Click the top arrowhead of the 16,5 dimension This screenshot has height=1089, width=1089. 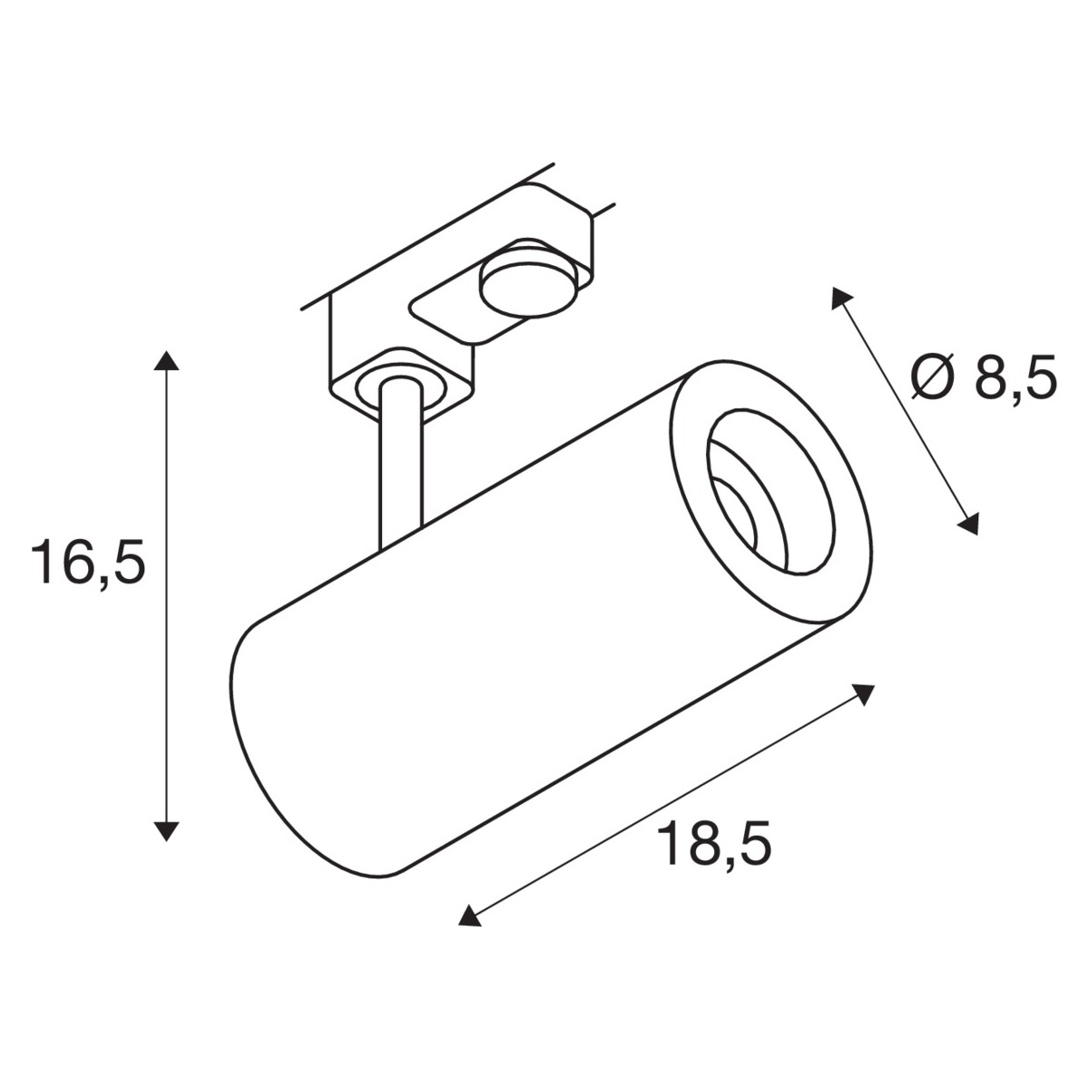pos(166,360)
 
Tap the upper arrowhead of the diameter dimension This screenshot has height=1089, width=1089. pos(840,298)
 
